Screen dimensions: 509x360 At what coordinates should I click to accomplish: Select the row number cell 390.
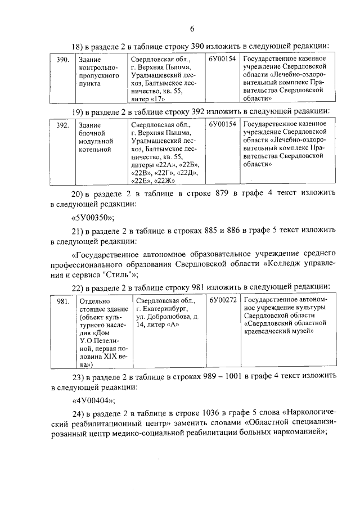pyautogui.click(x=63, y=58)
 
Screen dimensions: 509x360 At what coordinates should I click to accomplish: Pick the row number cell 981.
pyautogui.click(x=63, y=301)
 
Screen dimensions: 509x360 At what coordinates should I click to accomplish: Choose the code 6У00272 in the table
pyautogui.click(x=223, y=301)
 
